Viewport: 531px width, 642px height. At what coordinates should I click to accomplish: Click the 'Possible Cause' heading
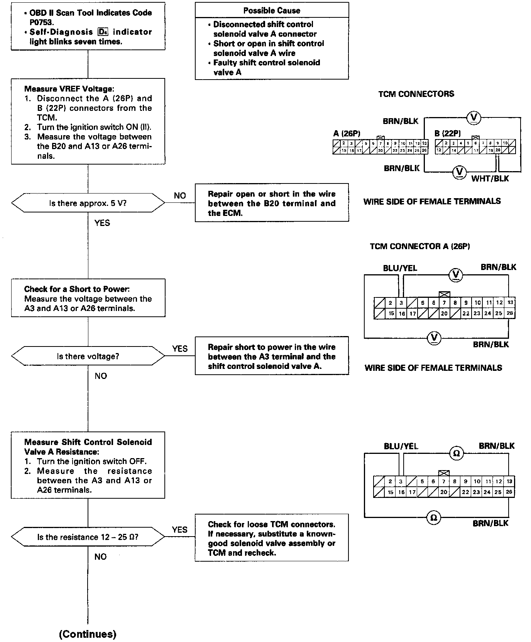(x=272, y=10)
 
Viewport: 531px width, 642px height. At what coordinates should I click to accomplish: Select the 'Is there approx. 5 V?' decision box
(x=88, y=203)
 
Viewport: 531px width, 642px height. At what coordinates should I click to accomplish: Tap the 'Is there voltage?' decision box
(x=88, y=356)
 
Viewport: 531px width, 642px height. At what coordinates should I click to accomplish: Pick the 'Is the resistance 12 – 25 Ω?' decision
(x=88, y=537)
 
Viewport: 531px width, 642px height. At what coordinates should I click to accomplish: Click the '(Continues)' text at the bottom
(x=88, y=634)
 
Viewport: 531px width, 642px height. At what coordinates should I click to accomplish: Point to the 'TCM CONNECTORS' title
(x=416, y=94)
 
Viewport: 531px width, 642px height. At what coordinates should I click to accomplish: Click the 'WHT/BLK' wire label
(x=490, y=178)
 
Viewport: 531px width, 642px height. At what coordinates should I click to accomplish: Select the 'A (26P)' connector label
(x=347, y=134)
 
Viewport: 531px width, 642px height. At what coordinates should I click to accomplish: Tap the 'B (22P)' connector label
(x=448, y=134)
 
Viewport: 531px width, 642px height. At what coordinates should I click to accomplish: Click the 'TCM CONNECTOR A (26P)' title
(x=420, y=246)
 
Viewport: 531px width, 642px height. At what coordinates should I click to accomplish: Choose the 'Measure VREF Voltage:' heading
(x=69, y=88)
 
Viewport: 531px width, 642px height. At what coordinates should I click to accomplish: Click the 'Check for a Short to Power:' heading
(x=77, y=289)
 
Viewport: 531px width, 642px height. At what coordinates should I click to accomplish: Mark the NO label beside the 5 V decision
(x=180, y=196)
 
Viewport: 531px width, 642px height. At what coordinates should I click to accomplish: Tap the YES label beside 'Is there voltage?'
(x=180, y=349)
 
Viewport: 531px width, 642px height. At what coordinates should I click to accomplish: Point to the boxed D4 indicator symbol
(x=103, y=32)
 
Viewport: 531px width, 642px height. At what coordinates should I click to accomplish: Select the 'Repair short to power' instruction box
(x=272, y=356)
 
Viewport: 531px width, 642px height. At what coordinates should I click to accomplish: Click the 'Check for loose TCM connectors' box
(x=272, y=538)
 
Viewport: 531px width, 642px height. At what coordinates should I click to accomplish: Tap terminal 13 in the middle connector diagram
(x=510, y=303)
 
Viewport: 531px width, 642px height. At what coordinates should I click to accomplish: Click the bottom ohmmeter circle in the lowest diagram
(x=433, y=517)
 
